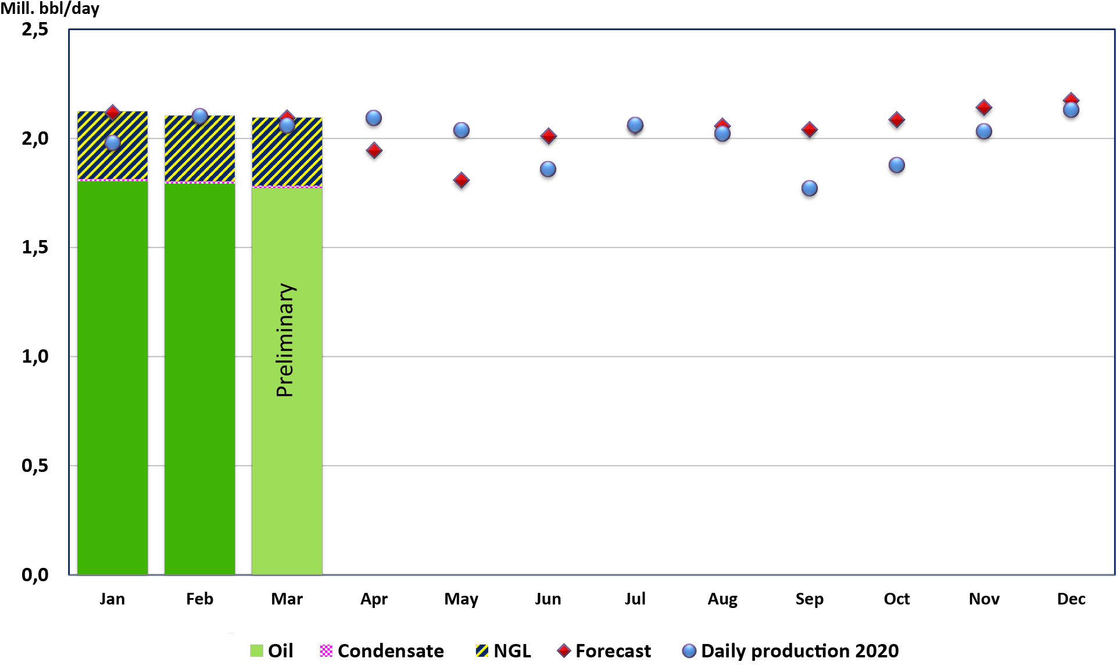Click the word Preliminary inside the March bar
click(x=285, y=340)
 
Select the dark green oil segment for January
click(x=112, y=378)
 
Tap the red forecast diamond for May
click(x=461, y=180)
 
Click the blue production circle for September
click(x=809, y=188)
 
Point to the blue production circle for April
click(x=374, y=118)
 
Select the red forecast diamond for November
click(x=983, y=108)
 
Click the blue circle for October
click(x=896, y=165)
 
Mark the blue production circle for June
click(x=548, y=169)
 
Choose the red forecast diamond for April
click(x=374, y=151)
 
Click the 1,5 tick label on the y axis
click(x=35, y=248)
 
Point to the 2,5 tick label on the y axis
click(x=35, y=29)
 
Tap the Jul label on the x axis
click(x=635, y=599)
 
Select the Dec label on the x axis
click(x=1071, y=599)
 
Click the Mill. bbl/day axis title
click(x=50, y=9)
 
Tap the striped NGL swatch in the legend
click(x=481, y=651)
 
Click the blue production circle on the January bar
click(x=112, y=142)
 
